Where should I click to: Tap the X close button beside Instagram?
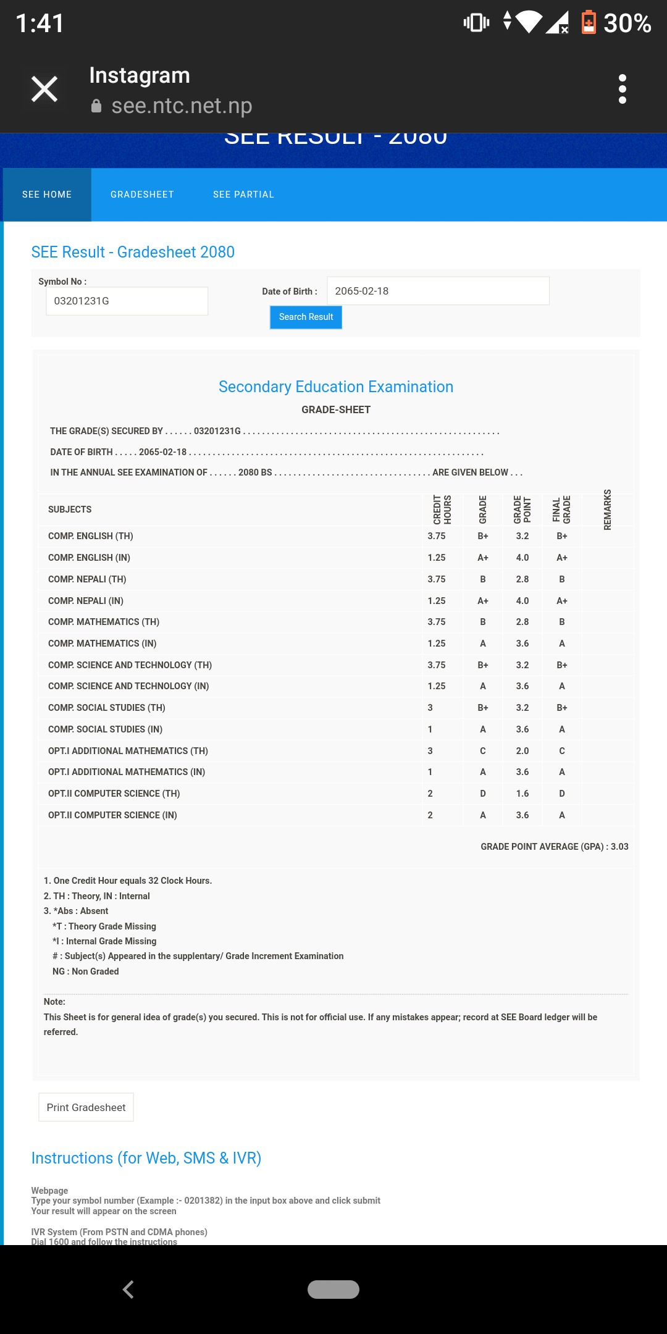(44, 89)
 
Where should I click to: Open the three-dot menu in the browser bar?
(622, 89)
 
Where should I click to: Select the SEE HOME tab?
(47, 195)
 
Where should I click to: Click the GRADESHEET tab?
(142, 195)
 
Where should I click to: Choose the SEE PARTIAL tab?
(243, 195)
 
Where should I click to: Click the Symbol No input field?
(127, 301)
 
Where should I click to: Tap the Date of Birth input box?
(437, 291)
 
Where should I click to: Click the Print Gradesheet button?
(86, 1107)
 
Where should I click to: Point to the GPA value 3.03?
(619, 847)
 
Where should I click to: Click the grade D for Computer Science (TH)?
(483, 794)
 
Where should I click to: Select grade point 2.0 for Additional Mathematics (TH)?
(522, 751)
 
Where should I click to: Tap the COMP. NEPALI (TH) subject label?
(87, 579)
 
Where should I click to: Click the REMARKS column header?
(608, 510)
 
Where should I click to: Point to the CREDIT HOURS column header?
(442, 510)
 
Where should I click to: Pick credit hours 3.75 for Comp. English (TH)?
(436, 536)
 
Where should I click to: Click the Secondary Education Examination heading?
(336, 387)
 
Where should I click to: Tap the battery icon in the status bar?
(589, 23)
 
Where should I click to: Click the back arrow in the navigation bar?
(128, 1290)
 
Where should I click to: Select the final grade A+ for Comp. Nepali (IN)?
(562, 601)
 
